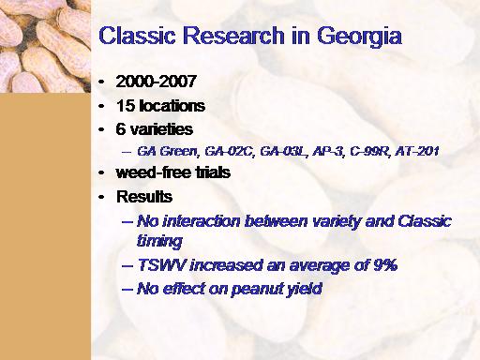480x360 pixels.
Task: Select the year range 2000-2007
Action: [156, 82]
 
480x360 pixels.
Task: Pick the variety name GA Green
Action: [168, 151]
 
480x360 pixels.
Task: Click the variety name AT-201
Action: [417, 151]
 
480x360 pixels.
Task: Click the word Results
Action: [144, 197]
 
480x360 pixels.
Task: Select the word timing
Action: [159, 242]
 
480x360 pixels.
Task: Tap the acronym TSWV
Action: [161, 265]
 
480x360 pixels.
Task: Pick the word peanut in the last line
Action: [254, 289]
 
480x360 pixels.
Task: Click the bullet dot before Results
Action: [101, 197]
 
